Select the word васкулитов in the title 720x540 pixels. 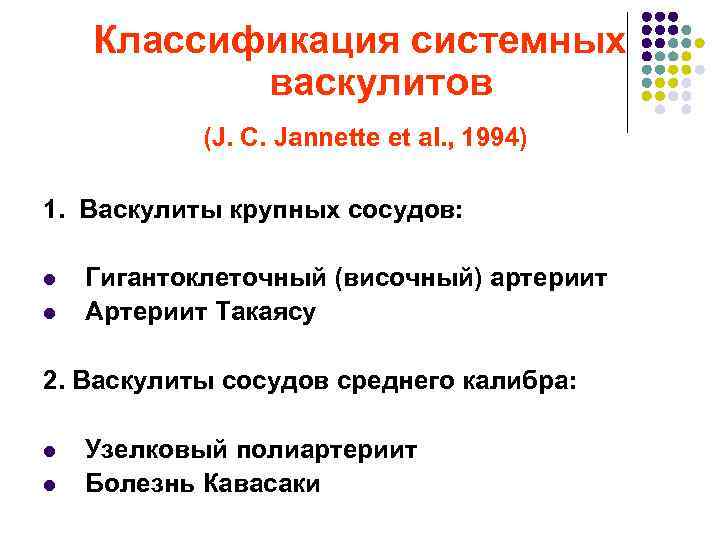381,84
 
